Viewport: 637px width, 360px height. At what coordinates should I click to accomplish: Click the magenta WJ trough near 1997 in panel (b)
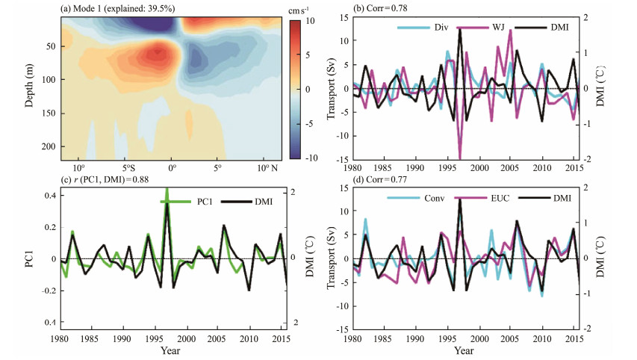click(459, 158)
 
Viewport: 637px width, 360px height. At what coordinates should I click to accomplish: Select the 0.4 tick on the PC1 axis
click(49, 195)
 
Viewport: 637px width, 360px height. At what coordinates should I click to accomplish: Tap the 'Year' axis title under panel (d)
click(464, 350)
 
